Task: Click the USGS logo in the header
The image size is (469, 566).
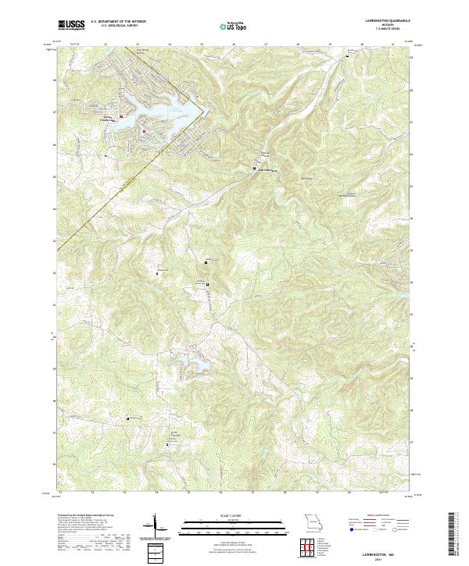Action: click(x=71, y=25)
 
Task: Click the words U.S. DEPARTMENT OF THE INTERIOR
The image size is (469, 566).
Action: click(x=118, y=22)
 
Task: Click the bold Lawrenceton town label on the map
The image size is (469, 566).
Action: click(x=266, y=170)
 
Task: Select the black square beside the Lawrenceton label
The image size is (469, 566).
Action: click(x=253, y=169)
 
